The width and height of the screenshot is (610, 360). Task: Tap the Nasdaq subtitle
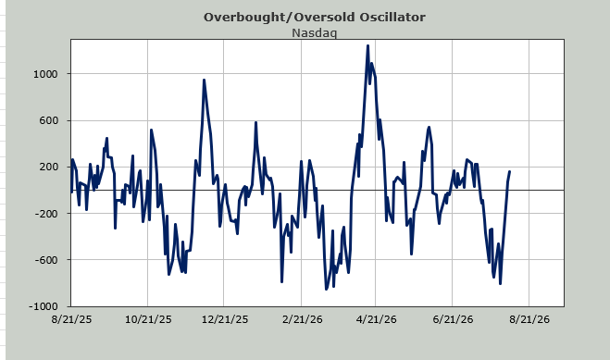point(315,33)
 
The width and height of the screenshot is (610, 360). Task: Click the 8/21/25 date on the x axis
point(71,319)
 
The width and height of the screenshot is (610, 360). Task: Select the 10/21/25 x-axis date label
point(148,319)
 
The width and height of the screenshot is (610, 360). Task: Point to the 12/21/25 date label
point(225,319)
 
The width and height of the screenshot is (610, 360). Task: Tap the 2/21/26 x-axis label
point(303,319)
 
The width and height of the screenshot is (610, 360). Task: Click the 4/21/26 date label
point(377,319)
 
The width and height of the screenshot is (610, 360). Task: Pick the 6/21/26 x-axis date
point(453,319)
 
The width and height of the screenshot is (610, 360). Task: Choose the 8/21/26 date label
point(529,319)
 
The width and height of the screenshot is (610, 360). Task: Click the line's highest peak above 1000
point(367,46)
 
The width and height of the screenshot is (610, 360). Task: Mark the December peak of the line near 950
point(204,81)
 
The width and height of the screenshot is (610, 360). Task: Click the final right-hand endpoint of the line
point(510,171)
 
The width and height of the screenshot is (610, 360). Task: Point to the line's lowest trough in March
point(327,290)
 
